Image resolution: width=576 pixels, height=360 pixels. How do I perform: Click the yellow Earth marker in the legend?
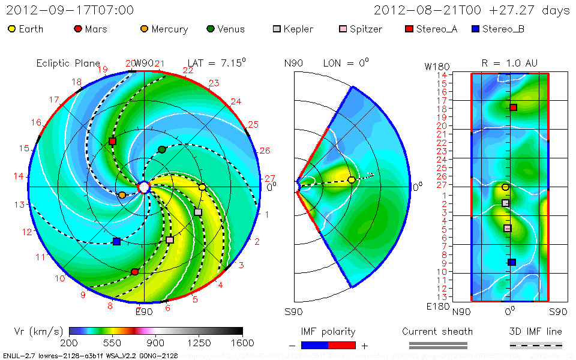click(11, 29)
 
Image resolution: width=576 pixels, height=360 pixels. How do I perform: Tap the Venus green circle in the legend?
click(210, 29)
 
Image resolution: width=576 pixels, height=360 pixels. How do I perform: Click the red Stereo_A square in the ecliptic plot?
click(112, 141)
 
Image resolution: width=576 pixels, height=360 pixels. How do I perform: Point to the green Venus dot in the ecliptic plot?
click(161, 149)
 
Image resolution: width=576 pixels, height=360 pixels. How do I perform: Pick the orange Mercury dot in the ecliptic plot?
click(122, 195)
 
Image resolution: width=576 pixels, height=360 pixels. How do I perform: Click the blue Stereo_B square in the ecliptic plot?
click(117, 241)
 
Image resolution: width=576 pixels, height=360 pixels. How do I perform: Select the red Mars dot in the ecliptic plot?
click(134, 272)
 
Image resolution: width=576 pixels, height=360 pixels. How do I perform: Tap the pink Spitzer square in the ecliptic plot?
click(170, 240)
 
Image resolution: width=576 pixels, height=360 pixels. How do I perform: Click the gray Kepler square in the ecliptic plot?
click(198, 212)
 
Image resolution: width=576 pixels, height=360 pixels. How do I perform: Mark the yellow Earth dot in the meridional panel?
click(352, 179)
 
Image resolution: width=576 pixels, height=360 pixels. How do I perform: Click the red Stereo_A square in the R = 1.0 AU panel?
click(513, 107)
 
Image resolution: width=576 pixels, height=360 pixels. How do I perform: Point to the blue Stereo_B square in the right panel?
click(511, 262)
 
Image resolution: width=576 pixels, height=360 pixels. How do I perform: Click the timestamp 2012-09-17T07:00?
click(70, 10)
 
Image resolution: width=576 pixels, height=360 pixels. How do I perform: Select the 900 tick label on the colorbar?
click(156, 343)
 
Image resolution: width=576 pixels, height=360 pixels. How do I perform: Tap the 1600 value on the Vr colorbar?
click(242, 343)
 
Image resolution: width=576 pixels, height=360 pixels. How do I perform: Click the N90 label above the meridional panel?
click(293, 63)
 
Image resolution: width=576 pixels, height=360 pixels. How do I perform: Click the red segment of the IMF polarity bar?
click(342, 345)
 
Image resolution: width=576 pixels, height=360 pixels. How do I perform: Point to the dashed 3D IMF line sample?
click(536, 345)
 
